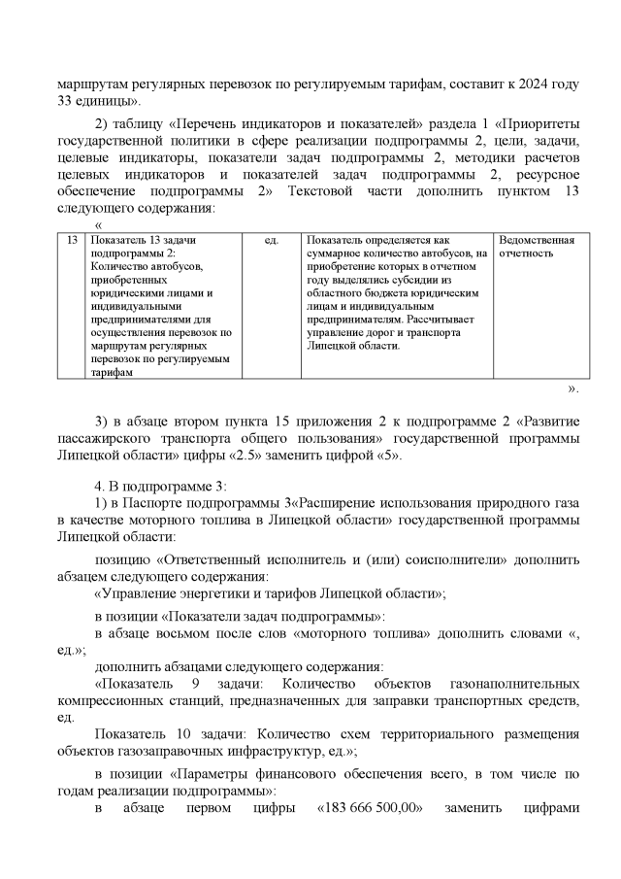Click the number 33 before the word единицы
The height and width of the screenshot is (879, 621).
click(66, 101)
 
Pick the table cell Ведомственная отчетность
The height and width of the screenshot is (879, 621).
click(537, 247)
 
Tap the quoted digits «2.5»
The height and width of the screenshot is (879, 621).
click(242, 456)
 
